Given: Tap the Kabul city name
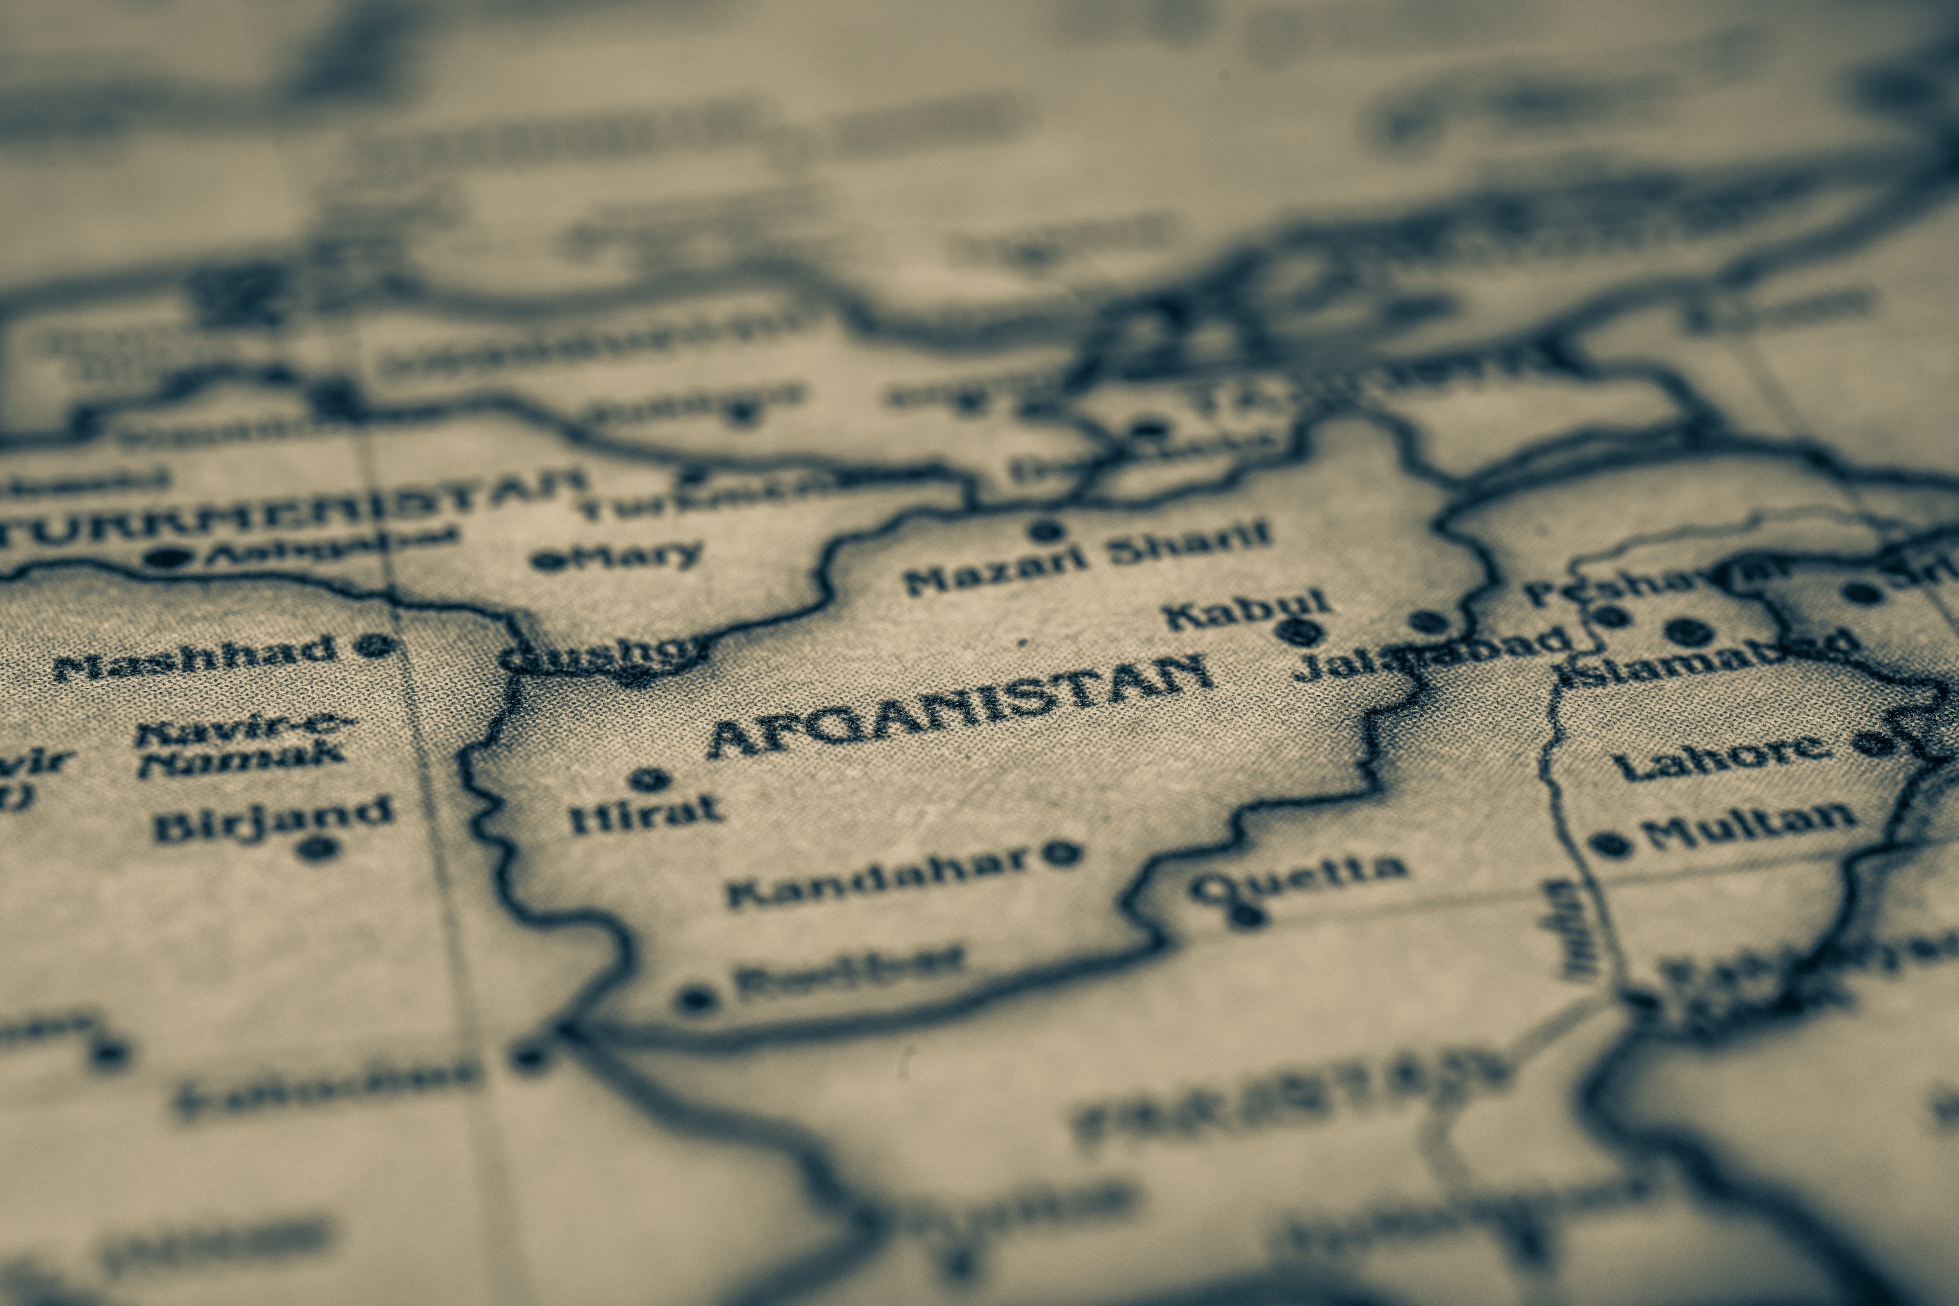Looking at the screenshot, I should point(1245,608).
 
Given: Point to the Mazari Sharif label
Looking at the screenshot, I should point(1087,556).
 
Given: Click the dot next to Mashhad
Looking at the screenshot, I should point(375,644).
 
